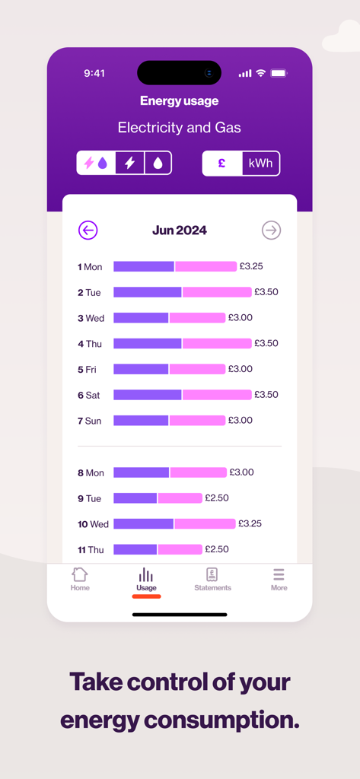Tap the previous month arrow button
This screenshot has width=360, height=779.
88,230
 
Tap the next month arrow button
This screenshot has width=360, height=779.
271,230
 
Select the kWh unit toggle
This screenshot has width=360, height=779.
260,164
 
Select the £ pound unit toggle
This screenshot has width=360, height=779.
222,164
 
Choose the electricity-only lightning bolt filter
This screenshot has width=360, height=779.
130,163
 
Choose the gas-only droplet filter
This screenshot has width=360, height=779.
158,163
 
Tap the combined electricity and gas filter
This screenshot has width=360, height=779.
97,163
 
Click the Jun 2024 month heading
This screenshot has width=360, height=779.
180,230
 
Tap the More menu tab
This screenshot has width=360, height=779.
279,578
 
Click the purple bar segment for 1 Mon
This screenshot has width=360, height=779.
144,266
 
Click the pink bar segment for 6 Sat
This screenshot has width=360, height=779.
217,395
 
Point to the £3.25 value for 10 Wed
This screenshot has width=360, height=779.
250,523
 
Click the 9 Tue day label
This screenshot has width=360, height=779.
89,498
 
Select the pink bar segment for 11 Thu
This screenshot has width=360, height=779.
180,549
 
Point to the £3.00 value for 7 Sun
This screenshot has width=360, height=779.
241,420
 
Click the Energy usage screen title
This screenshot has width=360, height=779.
180,101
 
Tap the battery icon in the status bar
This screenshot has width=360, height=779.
279,73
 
